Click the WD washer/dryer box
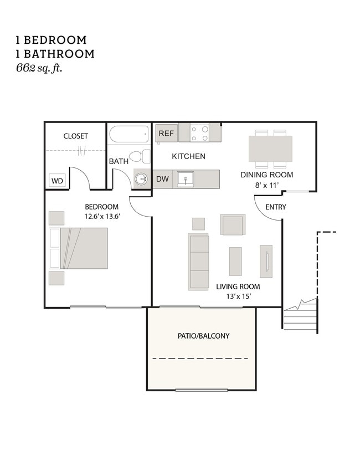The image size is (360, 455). coord(56,181)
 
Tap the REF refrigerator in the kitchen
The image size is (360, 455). coord(167,134)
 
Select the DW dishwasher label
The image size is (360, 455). coord(163,179)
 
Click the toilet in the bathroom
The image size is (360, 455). coord(140,156)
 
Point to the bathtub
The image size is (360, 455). coord(129,134)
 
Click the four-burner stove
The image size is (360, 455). coord(199,133)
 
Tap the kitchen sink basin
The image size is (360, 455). coord(186,179)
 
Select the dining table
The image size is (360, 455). coord(270,149)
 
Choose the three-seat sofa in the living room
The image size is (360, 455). coord(198,262)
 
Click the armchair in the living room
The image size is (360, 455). coord(233,225)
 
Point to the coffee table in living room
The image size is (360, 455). coord(235,261)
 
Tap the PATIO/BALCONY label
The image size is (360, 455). coord(203,336)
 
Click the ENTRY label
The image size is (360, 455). coord(275,207)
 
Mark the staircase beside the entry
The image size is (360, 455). coord(301,316)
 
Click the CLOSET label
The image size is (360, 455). coord(75,136)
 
